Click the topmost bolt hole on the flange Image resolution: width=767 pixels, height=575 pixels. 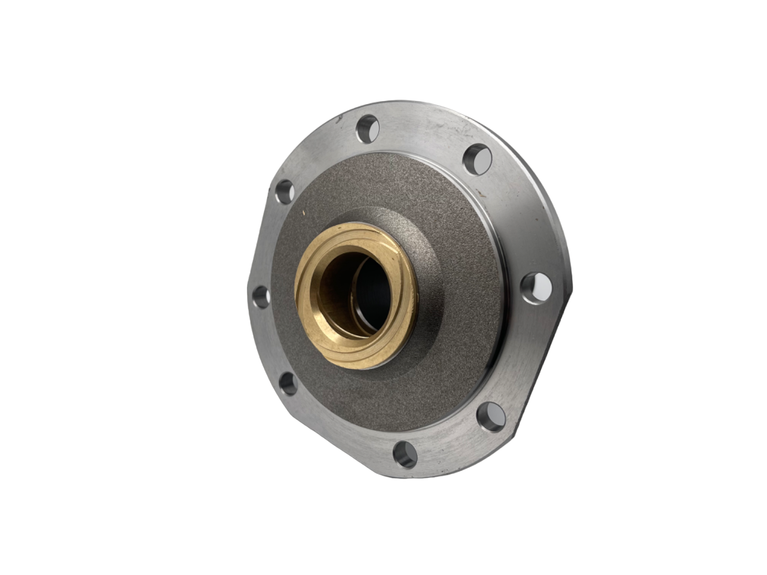367,128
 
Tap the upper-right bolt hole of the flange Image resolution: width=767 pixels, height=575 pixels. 478,159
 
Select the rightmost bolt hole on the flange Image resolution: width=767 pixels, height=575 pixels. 536,288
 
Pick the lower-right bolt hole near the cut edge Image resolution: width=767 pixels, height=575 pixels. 491,417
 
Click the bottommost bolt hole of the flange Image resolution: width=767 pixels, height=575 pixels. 406,454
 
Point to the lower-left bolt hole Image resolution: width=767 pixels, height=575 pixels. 288,383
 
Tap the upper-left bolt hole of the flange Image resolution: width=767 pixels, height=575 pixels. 284,191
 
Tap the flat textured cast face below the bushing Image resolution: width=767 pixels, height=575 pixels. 372,401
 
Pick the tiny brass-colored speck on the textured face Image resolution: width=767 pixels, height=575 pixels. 304,210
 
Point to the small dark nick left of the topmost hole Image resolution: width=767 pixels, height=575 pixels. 340,119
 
